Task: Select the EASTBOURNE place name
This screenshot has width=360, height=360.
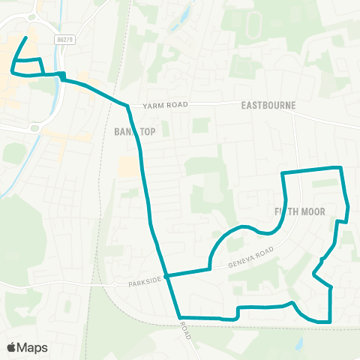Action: click(268, 106)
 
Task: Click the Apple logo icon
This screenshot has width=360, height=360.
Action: click(11, 347)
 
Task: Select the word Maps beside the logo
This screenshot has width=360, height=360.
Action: click(32, 347)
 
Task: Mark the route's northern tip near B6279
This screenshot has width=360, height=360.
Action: click(27, 37)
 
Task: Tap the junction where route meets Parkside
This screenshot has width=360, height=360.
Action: click(167, 275)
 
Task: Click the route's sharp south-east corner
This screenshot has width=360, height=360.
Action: click(330, 322)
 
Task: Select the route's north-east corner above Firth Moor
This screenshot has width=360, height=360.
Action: click(341, 168)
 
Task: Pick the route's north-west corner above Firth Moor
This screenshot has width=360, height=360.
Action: click(282, 173)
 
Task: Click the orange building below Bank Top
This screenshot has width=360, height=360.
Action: click(129, 167)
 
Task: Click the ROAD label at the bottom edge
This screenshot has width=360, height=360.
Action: click(185, 331)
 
